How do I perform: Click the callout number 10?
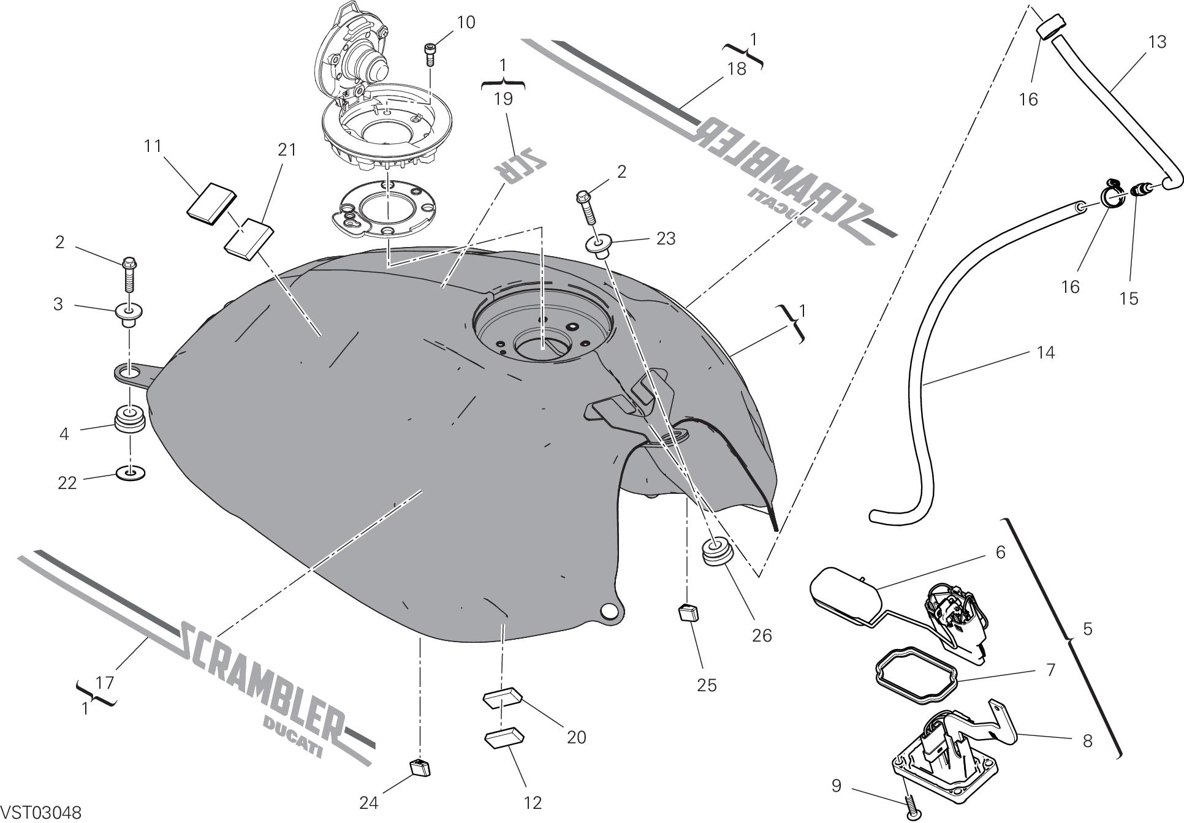tap(466, 23)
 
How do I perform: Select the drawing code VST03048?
tap(40, 813)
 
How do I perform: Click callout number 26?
tap(762, 635)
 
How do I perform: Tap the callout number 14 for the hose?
tap(1045, 352)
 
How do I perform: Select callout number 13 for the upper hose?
tap(1157, 42)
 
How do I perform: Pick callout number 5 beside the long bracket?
tap(1088, 629)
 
